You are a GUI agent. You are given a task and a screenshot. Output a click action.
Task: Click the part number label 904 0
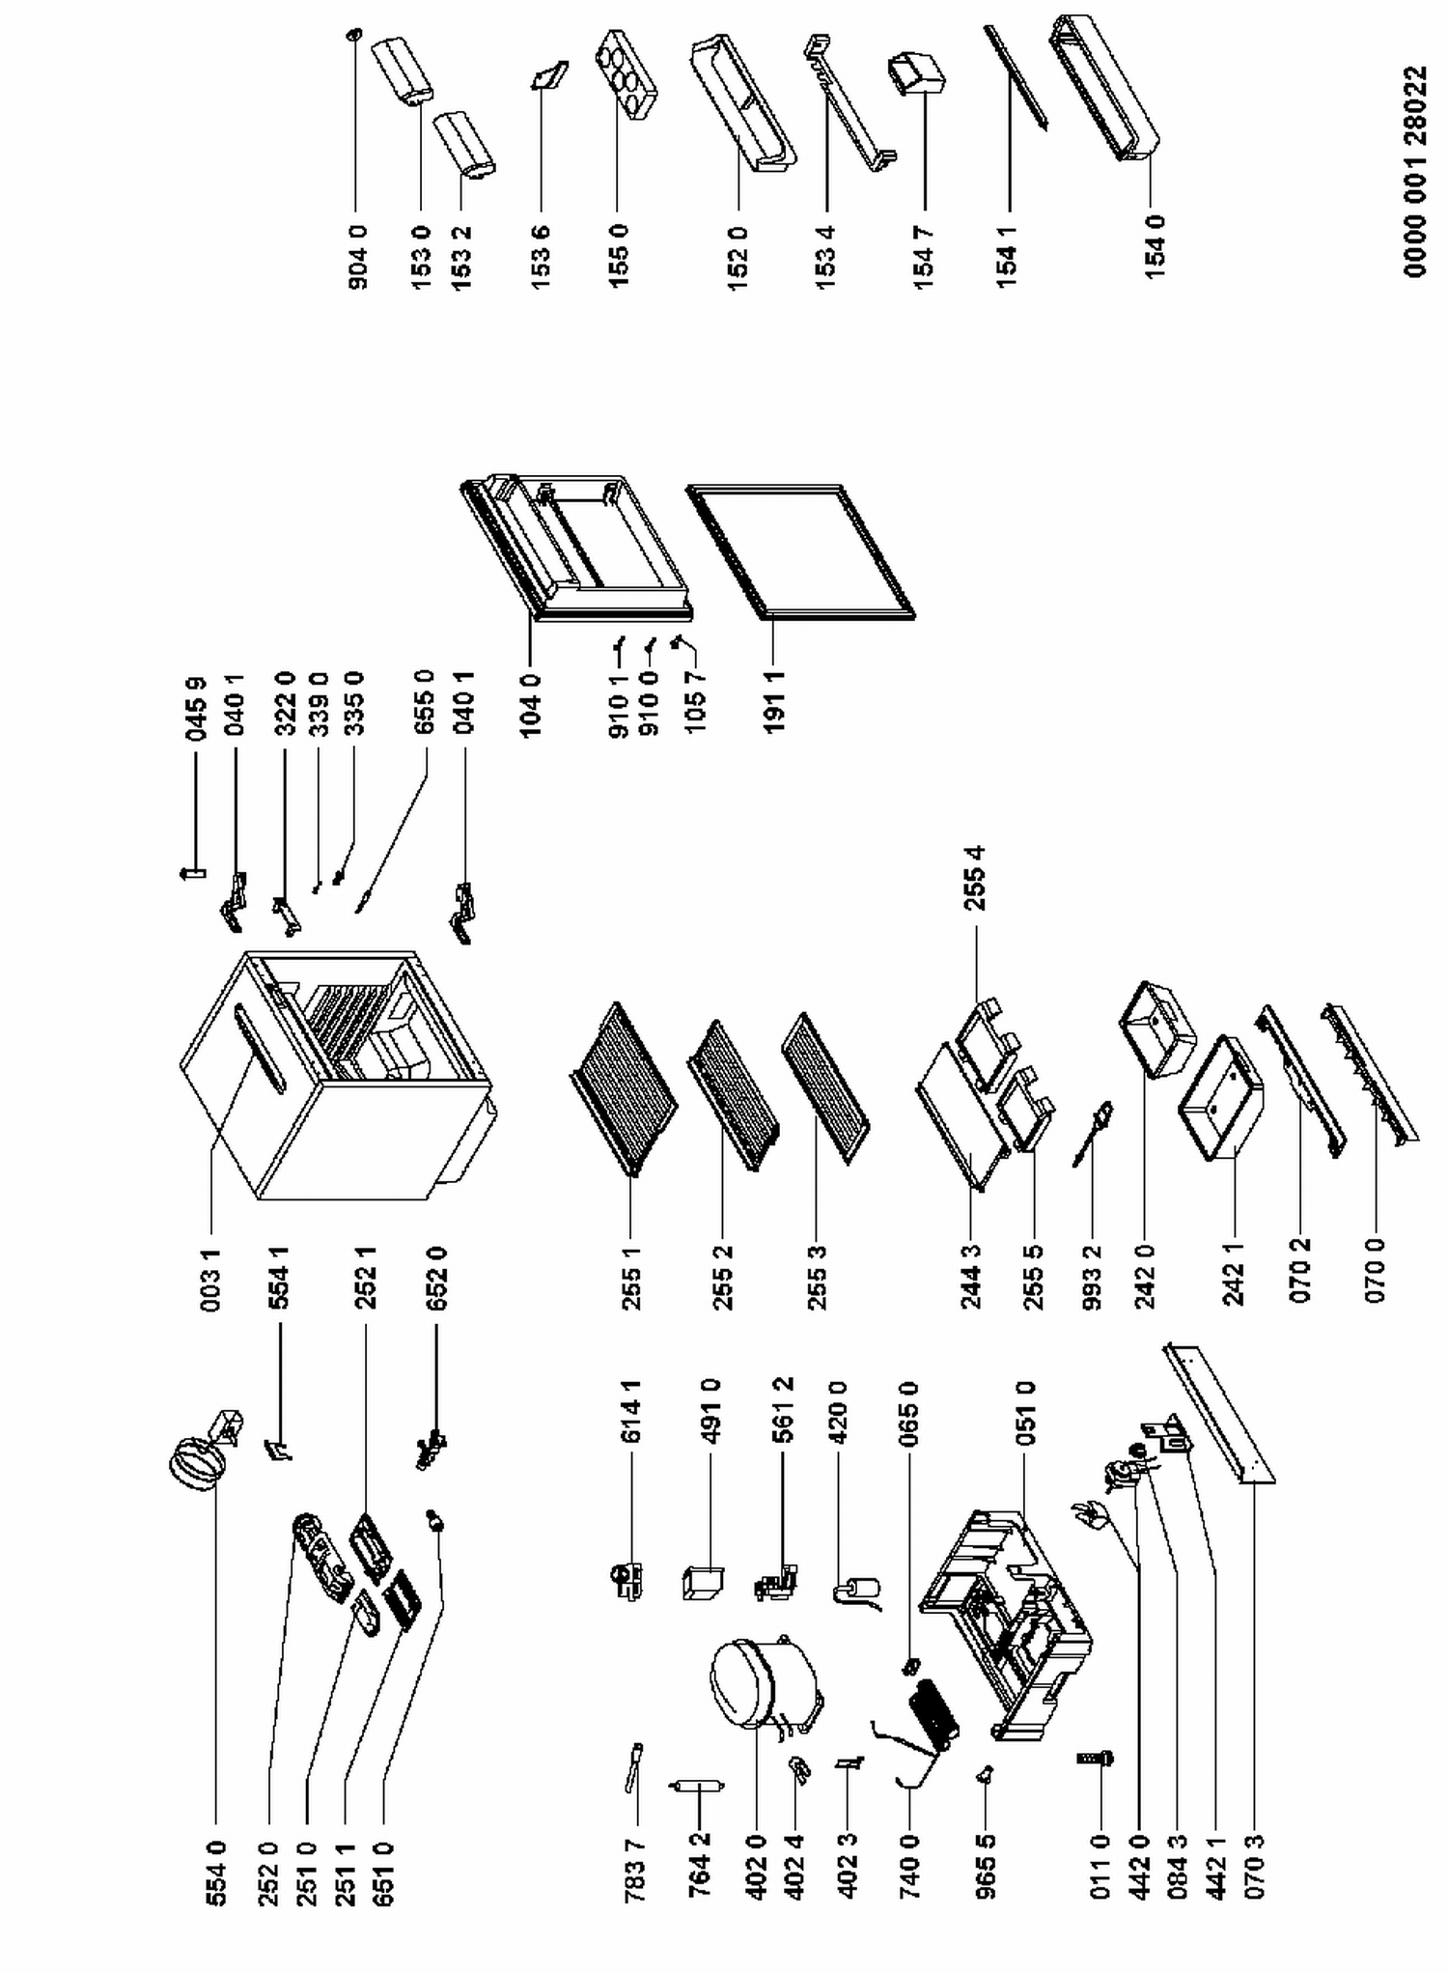(357, 258)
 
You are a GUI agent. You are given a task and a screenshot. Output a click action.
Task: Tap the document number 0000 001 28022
(1415, 172)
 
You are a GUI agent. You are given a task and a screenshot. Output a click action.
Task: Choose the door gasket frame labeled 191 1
(800, 551)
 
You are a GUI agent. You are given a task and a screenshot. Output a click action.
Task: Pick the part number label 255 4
(974, 878)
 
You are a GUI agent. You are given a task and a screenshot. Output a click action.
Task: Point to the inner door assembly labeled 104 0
(575, 547)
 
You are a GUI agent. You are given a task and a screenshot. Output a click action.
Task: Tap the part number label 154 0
(1156, 247)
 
